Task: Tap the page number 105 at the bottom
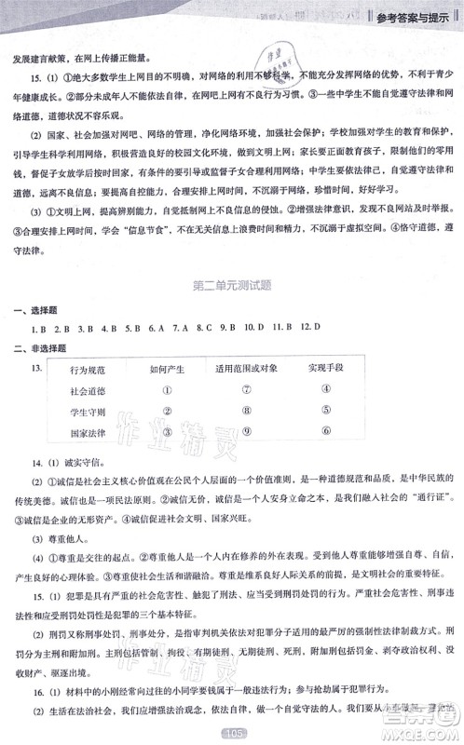232,734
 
